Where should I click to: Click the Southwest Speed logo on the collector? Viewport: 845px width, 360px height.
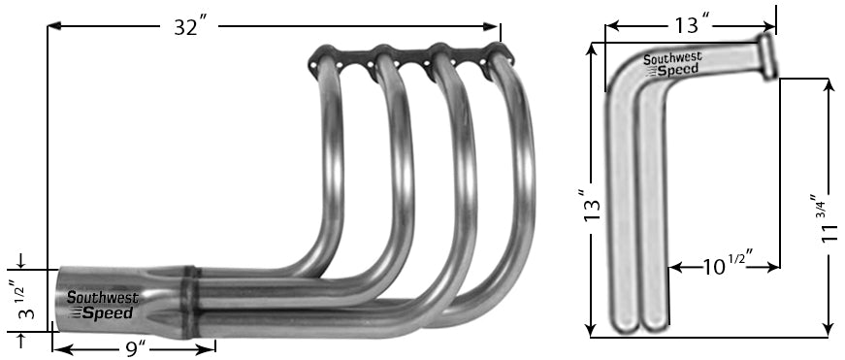click(102, 306)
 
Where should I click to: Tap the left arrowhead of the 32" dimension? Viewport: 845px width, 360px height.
click(53, 26)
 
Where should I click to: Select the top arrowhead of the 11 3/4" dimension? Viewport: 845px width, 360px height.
click(828, 84)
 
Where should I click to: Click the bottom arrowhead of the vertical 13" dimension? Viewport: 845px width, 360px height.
click(591, 328)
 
